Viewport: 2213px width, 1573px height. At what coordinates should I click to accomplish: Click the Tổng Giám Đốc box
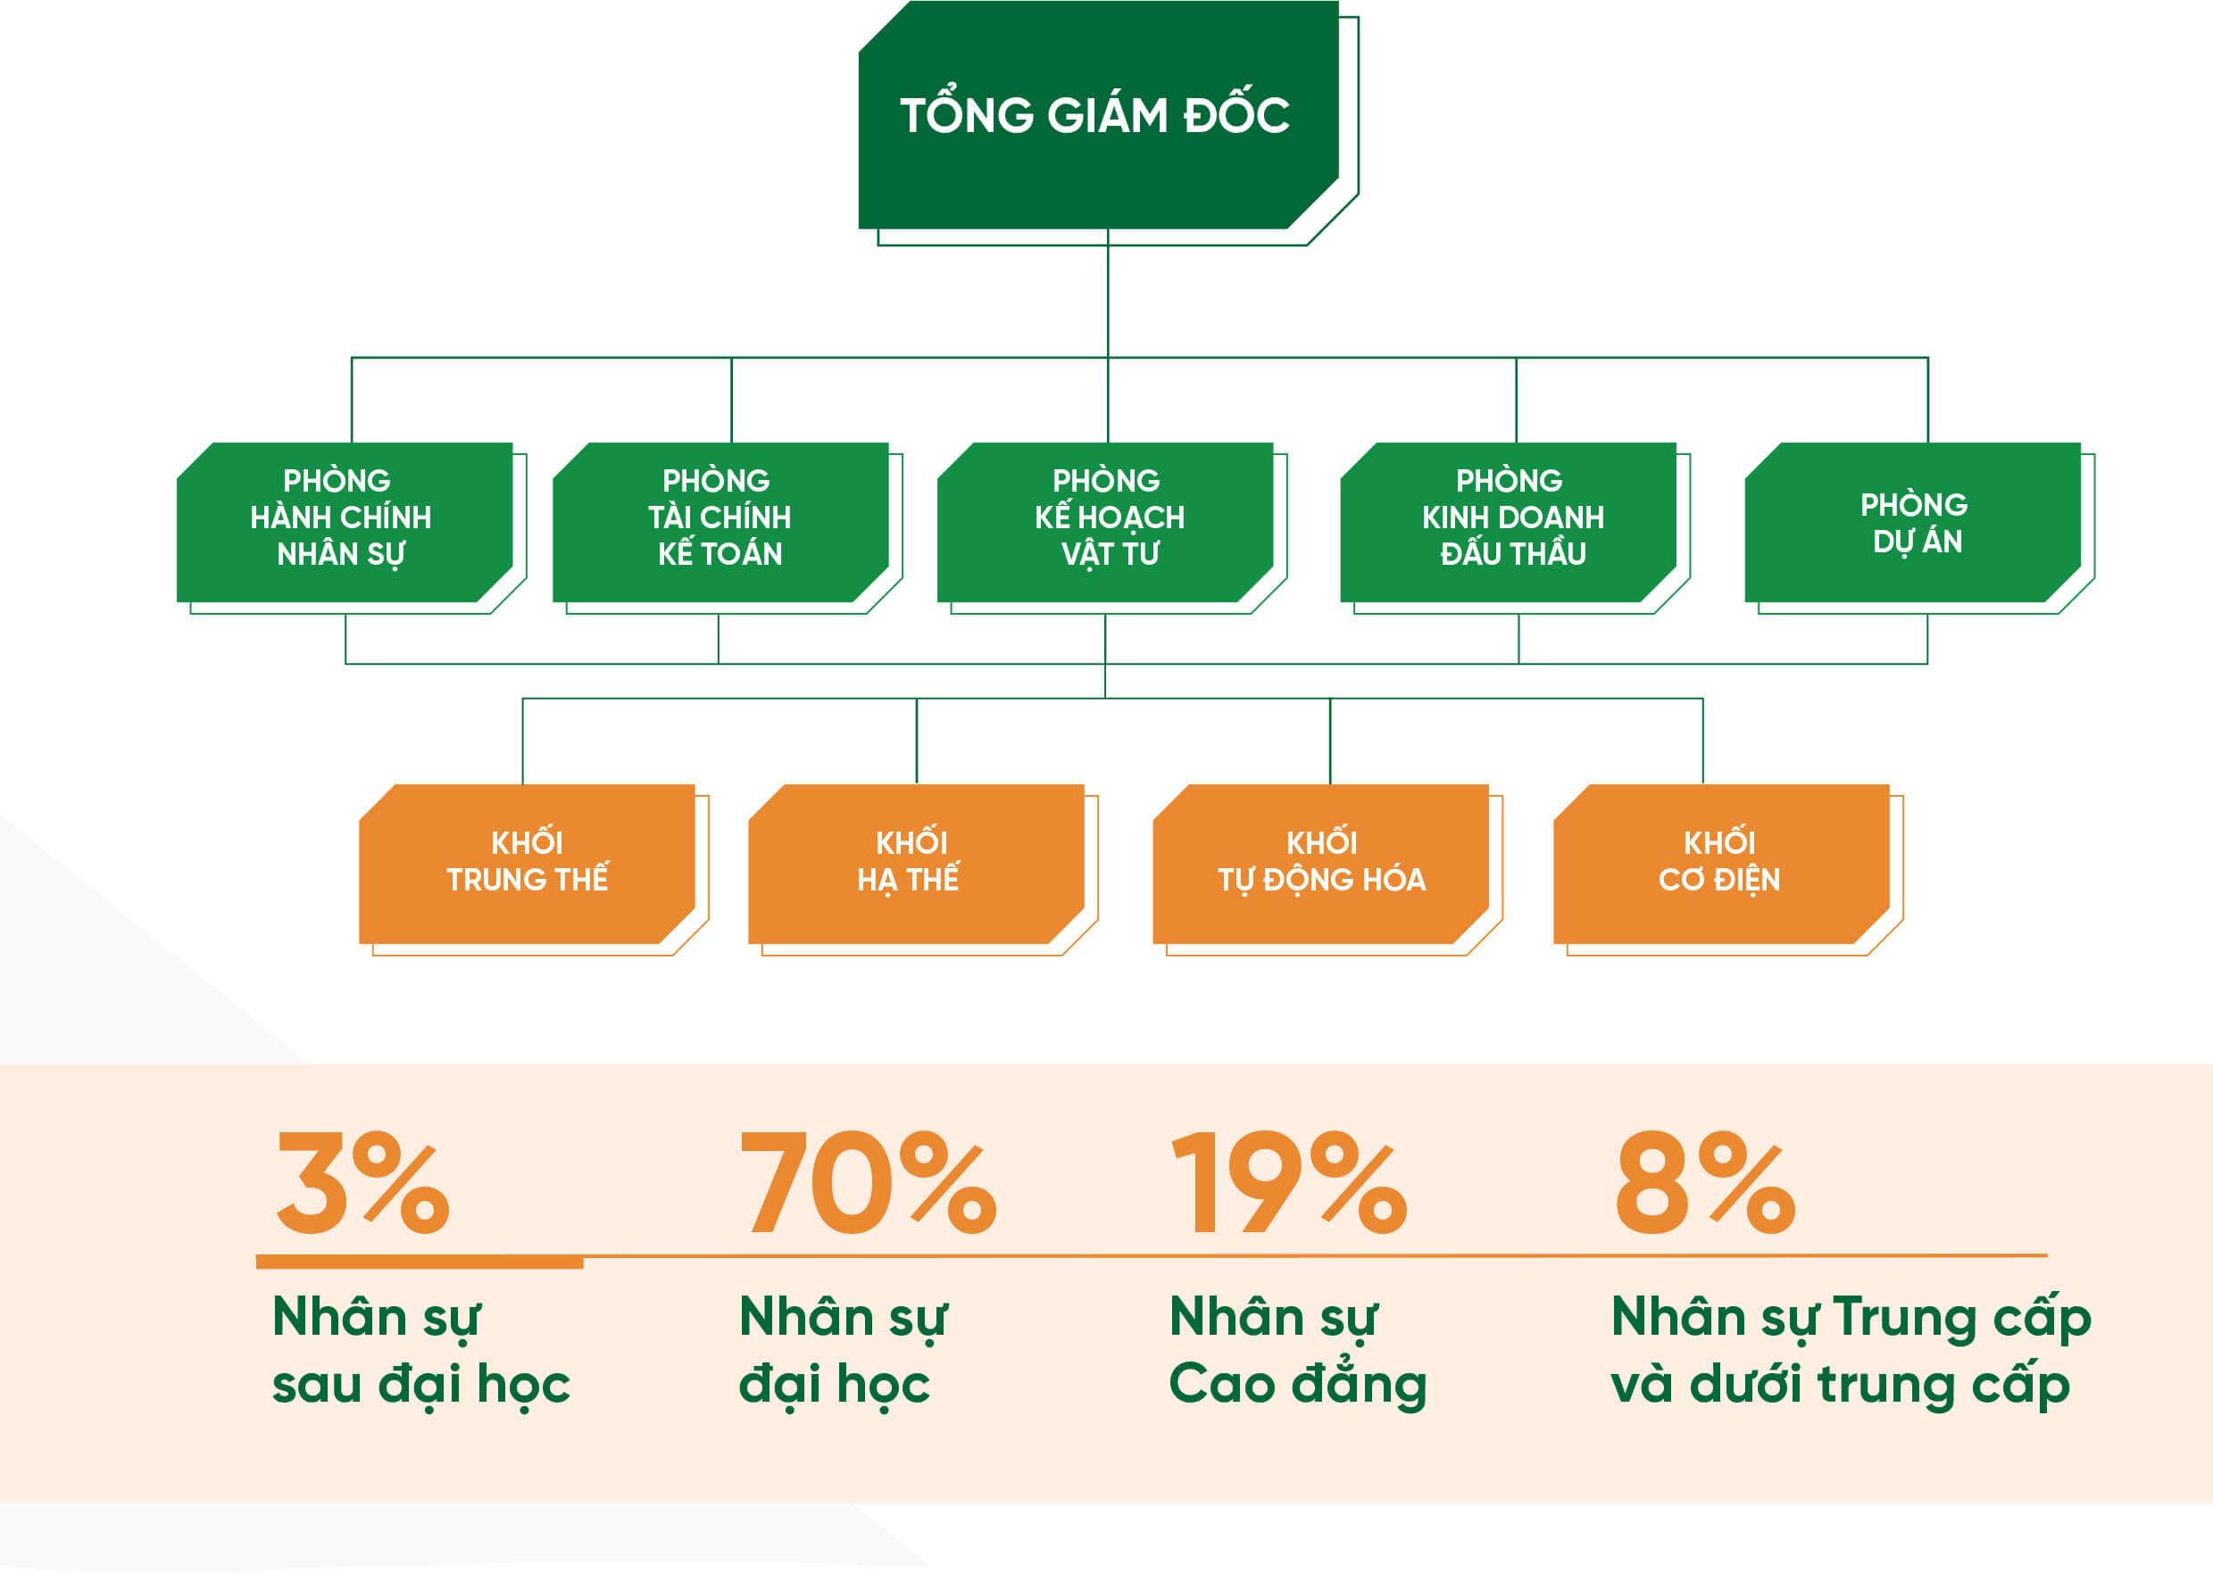click(x=1099, y=114)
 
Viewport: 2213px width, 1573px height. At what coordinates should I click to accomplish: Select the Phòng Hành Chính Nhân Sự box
click(x=345, y=522)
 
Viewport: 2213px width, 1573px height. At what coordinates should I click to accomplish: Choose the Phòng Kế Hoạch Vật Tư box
click(x=1105, y=522)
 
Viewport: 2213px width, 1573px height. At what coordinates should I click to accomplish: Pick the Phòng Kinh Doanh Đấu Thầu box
click(x=1509, y=522)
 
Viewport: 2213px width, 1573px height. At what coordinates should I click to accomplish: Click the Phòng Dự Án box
click(x=1913, y=522)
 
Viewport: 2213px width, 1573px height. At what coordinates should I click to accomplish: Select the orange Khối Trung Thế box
click(x=527, y=864)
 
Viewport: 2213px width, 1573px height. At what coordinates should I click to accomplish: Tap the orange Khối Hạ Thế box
click(x=917, y=864)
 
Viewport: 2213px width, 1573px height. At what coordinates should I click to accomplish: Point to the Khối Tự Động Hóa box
click(x=1320, y=864)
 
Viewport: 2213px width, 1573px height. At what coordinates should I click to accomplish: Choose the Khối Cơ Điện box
click(x=1722, y=864)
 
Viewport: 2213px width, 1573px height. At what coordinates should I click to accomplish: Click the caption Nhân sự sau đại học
click(x=421, y=1351)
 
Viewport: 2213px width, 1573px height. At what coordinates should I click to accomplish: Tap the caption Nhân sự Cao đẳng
click(x=1298, y=1351)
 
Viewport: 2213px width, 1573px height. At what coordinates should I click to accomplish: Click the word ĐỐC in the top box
click(x=1236, y=112)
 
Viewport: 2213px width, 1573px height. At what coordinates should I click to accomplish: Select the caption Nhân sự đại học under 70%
click(x=844, y=1351)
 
